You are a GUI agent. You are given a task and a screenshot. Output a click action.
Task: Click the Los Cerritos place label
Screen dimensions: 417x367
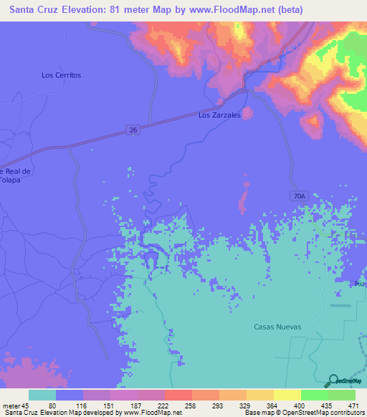click(62, 75)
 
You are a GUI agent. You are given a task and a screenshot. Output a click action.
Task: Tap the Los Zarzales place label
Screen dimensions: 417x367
click(219, 115)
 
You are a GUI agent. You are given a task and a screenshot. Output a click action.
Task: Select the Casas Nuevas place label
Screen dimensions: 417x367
click(277, 327)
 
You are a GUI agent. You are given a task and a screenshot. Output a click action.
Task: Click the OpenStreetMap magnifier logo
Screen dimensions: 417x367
click(333, 380)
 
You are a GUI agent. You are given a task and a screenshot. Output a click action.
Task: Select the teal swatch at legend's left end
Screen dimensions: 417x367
click(42, 395)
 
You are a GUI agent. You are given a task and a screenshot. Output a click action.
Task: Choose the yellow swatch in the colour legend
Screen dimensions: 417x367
click(287, 395)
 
